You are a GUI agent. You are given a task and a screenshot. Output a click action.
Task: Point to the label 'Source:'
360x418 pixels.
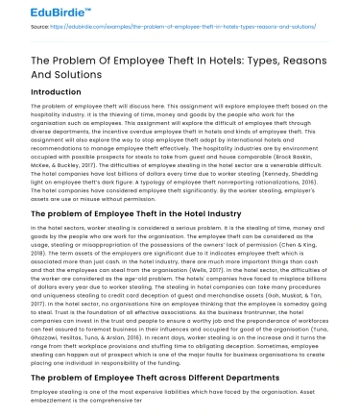(x=16, y=30)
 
